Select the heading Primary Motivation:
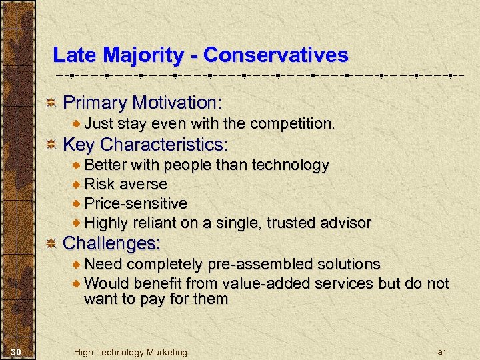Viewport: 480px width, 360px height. [142, 103]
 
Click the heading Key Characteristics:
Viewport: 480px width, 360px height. [145, 145]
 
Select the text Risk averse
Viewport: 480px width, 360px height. [125, 184]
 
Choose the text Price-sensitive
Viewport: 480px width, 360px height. [135, 203]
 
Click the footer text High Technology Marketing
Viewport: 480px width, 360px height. [131, 352]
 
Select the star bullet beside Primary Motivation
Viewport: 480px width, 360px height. [50, 103]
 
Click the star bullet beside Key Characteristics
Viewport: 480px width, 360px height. [50, 145]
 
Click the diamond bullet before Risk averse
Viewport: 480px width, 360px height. [77, 185]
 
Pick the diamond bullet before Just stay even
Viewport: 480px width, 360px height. [77, 124]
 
